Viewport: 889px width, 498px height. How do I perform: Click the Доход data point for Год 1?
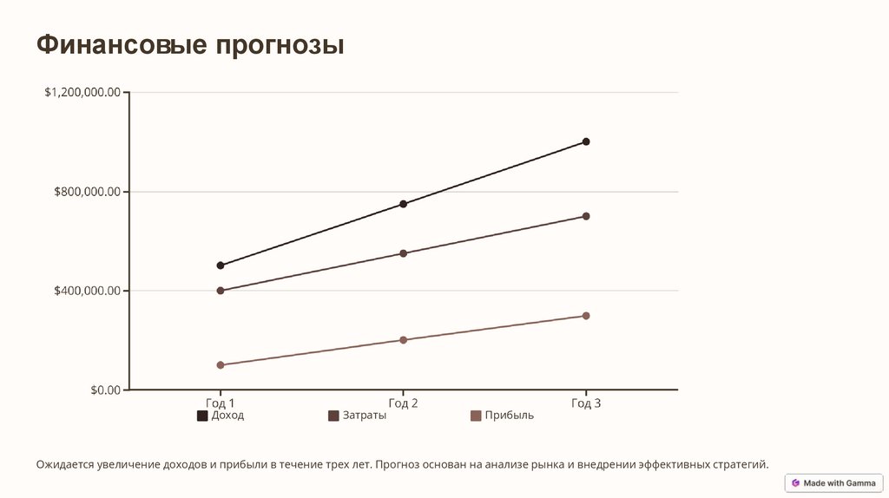[221, 265]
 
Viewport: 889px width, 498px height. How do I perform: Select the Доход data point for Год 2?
[403, 204]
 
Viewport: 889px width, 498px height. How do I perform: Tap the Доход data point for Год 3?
[586, 141]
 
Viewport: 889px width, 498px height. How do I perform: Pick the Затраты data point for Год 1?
[221, 291]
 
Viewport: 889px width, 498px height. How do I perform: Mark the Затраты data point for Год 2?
[403, 253]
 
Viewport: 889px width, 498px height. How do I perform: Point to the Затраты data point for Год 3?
[586, 216]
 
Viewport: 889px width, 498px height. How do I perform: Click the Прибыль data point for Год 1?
[221, 365]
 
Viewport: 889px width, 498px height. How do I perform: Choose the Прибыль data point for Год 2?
[403, 340]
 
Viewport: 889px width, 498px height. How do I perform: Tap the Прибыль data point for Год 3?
[586, 316]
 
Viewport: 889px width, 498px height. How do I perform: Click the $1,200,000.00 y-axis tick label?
[82, 93]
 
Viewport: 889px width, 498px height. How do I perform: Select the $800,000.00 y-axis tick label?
[88, 192]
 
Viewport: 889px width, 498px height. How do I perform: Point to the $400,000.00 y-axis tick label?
[88, 291]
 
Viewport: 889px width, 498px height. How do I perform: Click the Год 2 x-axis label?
[403, 403]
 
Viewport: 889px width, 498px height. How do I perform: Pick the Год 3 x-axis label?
[586, 403]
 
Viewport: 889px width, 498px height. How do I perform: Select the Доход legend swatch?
[202, 416]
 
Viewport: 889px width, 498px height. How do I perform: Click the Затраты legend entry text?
[365, 416]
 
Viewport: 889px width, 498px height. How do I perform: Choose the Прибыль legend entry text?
[509, 416]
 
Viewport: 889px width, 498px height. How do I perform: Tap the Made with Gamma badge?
[833, 482]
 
